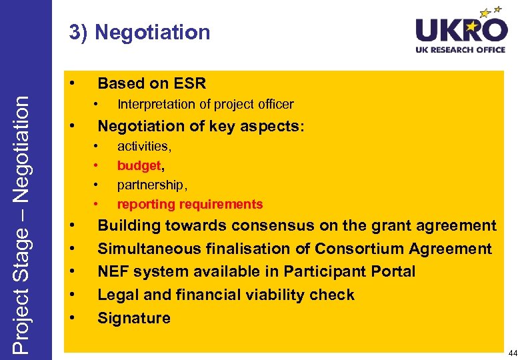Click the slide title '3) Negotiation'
point(139,32)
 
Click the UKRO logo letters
point(461,30)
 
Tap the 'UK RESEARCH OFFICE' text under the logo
point(461,50)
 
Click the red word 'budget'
point(139,165)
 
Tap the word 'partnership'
point(149,185)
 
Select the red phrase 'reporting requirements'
point(190,204)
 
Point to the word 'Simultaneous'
point(147,249)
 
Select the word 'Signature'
point(134,318)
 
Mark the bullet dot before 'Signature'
point(71,317)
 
